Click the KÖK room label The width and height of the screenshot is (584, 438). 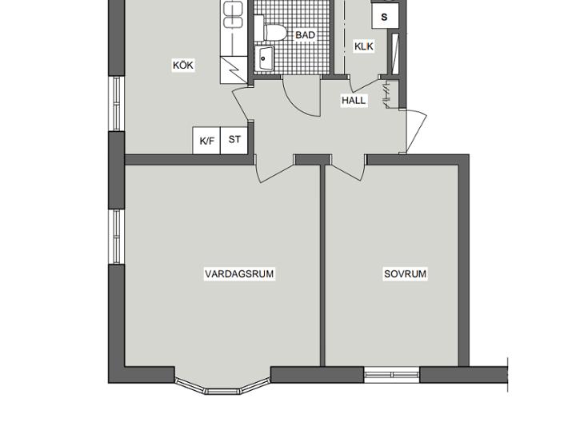pos(183,65)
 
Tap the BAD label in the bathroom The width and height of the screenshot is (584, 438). pos(305,35)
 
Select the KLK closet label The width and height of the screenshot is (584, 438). pos(363,46)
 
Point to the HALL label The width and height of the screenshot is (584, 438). pos(354,100)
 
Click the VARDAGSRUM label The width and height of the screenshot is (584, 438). pos(239,274)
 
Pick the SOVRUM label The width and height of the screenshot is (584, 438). pos(406,274)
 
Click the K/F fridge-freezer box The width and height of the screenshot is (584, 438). pos(206,141)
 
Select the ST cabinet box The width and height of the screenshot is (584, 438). pos(234,141)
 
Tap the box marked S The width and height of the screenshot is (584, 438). pos(385,16)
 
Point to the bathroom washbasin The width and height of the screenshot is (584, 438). pos(265,58)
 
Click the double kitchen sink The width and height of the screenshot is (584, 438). pos(233,14)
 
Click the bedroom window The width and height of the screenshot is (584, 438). pos(391,375)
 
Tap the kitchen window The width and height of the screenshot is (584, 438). pos(117,103)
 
